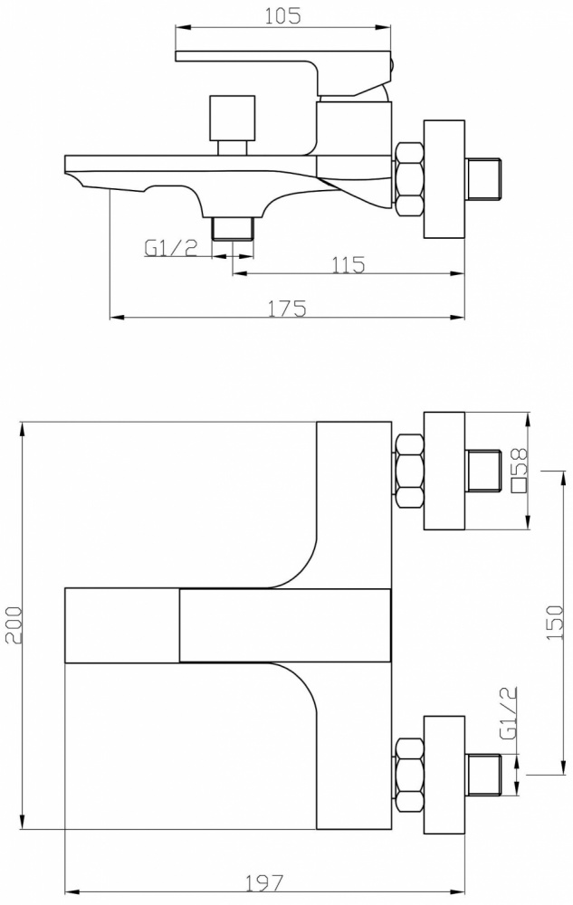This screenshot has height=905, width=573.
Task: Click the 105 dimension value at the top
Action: tap(282, 15)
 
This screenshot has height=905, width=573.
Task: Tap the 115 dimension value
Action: tap(348, 264)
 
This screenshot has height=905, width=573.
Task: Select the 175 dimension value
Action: tap(287, 309)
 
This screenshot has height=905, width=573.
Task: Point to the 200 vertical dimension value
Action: tap(12, 624)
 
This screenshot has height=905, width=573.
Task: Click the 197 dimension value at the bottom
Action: tap(265, 882)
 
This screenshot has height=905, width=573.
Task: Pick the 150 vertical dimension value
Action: tap(554, 623)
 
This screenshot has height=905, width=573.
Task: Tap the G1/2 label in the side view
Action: tap(171, 248)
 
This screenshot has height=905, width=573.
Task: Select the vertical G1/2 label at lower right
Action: tap(508, 714)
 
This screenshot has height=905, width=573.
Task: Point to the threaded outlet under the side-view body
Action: tap(233, 228)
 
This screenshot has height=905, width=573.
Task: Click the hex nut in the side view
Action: tap(409, 179)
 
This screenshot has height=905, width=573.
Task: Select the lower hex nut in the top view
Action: tap(409, 775)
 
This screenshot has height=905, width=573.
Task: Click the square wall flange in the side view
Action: tap(444, 179)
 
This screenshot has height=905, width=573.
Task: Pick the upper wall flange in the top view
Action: tap(444, 471)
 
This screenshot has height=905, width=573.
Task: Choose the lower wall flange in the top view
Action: tap(444, 775)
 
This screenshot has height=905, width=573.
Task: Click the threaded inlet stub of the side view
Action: tap(484, 179)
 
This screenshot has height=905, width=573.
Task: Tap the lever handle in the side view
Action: tap(284, 71)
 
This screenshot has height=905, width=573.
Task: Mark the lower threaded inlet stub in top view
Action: tap(484, 775)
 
